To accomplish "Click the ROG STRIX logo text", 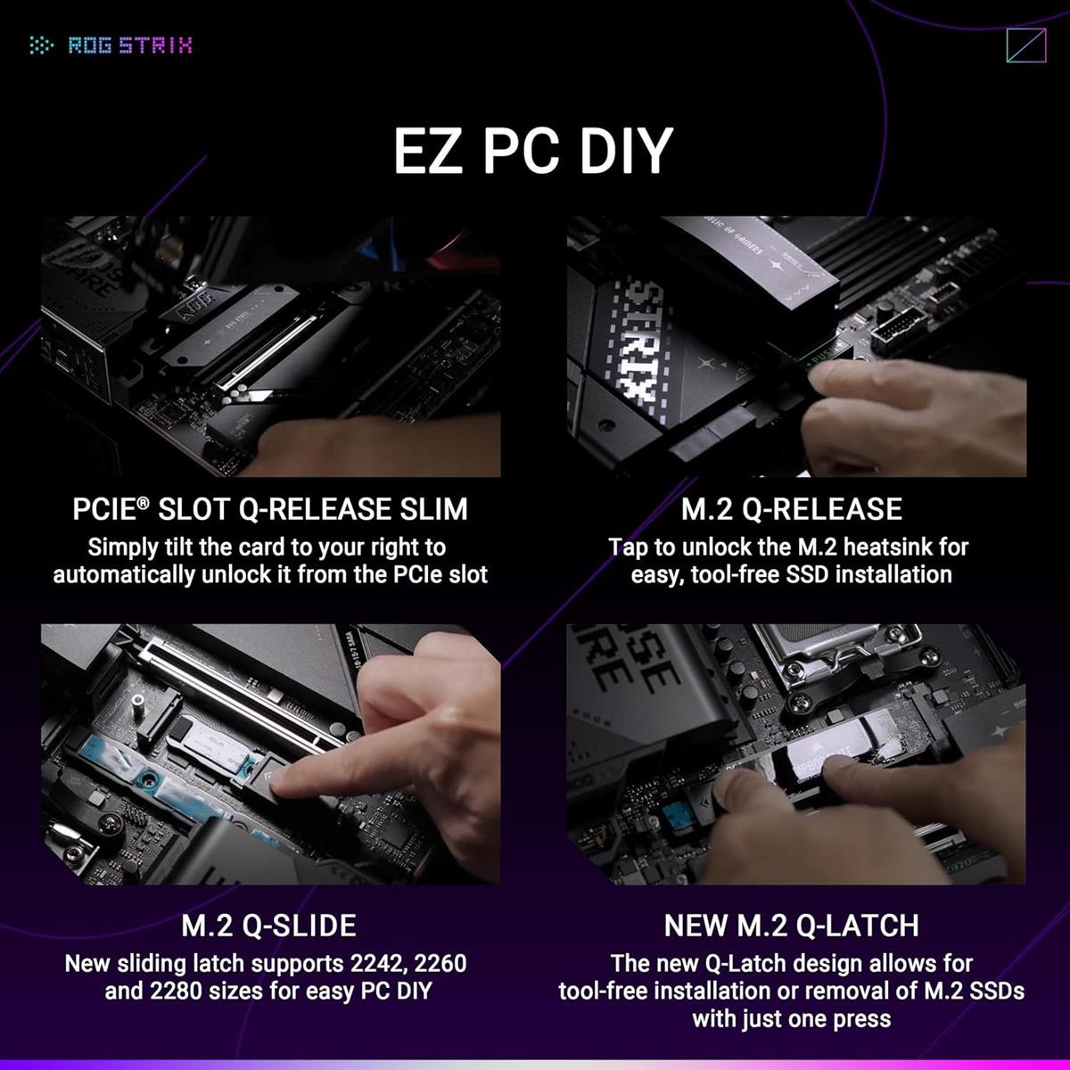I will click(x=129, y=45).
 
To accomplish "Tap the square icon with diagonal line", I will click(x=1025, y=45).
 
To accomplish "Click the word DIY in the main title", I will click(x=624, y=152).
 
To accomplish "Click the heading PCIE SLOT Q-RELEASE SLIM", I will click(x=269, y=509).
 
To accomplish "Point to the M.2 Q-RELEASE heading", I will click(x=792, y=509).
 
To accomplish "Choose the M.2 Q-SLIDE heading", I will click(x=268, y=926).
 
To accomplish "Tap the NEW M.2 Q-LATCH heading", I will click(x=792, y=926).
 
